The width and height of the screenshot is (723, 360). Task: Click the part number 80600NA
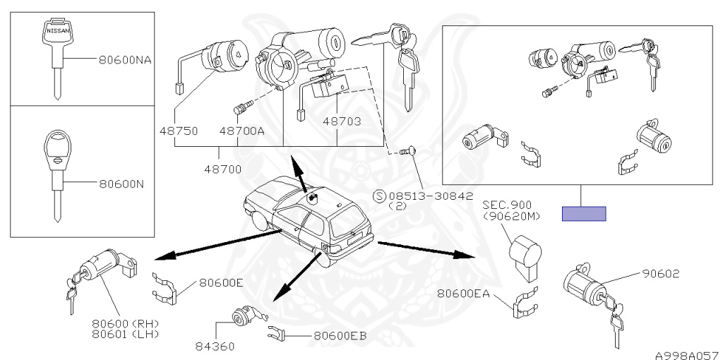(x=125, y=59)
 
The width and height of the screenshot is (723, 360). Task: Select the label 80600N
(x=121, y=184)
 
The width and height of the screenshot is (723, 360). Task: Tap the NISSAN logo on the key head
(x=58, y=32)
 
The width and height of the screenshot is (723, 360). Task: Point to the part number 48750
(x=178, y=131)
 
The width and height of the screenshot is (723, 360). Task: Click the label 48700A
(x=241, y=131)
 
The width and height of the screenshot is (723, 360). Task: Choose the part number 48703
(x=342, y=122)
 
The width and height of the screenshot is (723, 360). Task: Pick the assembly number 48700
(x=222, y=169)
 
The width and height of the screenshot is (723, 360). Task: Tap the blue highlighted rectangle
(x=584, y=213)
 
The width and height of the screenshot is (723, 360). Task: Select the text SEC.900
(x=507, y=205)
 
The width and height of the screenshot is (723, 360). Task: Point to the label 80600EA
(x=463, y=293)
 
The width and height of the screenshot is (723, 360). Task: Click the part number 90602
(x=660, y=274)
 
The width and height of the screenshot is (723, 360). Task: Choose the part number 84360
(x=216, y=347)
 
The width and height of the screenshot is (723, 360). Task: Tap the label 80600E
(x=221, y=283)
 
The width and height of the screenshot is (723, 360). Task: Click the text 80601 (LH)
(x=126, y=332)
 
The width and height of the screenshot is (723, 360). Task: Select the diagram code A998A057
(x=686, y=351)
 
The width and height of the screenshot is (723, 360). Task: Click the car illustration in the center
(x=306, y=219)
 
